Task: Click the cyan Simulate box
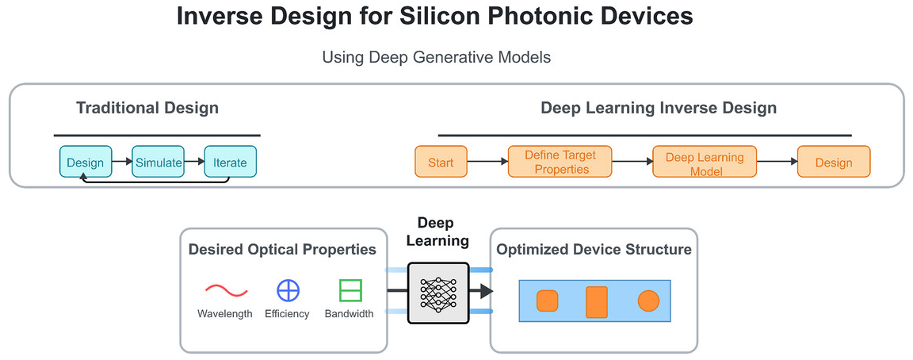158,163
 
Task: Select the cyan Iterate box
230,163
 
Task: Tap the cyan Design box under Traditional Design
85,163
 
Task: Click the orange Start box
441,163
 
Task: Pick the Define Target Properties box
561,162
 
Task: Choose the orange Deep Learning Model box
705,163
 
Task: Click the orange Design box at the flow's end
834,163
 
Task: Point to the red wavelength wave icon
227,291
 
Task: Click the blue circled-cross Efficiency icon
288,291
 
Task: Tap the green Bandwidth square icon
350,291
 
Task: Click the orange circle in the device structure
648,301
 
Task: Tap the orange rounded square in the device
548,301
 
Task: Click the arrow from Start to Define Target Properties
487,163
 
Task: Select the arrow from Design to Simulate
121,163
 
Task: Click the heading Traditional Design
147,108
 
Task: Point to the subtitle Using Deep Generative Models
436,57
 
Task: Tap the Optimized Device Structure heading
594,250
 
